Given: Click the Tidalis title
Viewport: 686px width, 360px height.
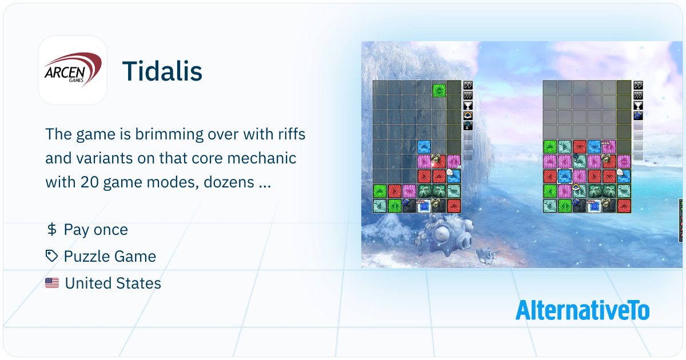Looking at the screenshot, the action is tap(162, 71).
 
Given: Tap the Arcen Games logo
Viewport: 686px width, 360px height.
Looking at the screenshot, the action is tap(73, 70).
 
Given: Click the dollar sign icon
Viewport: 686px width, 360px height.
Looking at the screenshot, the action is tap(52, 229).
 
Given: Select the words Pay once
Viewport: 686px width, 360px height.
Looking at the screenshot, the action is tap(96, 230).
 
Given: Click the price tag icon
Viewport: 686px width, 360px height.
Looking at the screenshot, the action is tap(51, 256).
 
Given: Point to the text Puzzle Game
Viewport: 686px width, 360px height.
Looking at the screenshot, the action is tap(110, 256).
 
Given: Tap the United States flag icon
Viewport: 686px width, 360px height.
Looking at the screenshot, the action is tap(52, 283).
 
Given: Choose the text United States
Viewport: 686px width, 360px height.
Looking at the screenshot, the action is tap(113, 283).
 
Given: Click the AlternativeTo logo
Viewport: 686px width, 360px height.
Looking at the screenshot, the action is tap(583, 310).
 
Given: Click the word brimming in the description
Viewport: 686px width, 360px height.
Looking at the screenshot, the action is tap(169, 134).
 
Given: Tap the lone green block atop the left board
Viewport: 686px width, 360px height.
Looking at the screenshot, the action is tap(439, 91).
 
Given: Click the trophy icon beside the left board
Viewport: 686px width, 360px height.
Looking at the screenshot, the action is tap(468, 106).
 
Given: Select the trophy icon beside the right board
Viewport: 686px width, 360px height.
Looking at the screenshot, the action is tap(638, 106).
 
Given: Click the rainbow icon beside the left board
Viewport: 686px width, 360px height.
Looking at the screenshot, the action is tap(468, 115).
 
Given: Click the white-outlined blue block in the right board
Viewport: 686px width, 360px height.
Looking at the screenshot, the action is tap(565, 177).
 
